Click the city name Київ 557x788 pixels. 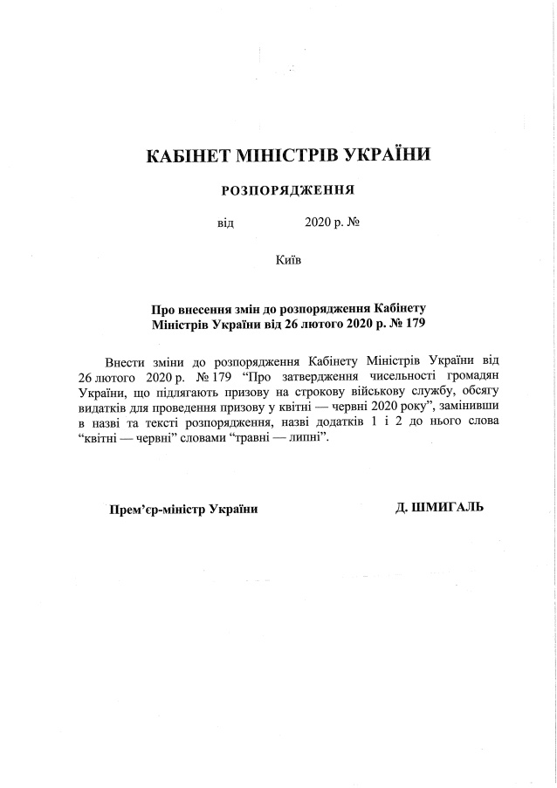coord(288,259)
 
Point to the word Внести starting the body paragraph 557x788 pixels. coord(124,361)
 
